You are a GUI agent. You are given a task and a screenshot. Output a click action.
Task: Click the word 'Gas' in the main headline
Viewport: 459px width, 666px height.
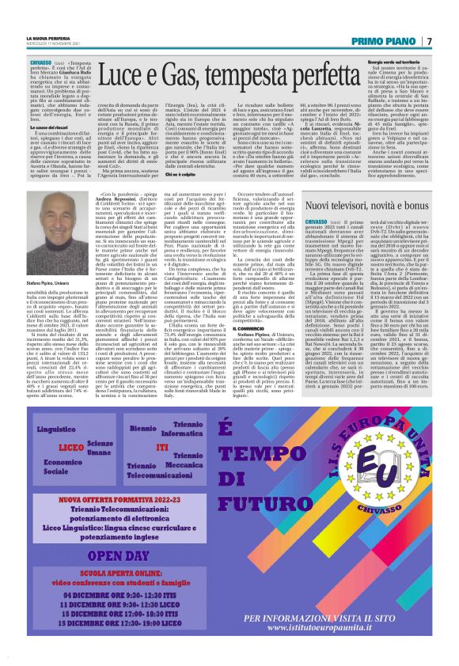pos(165,78)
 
